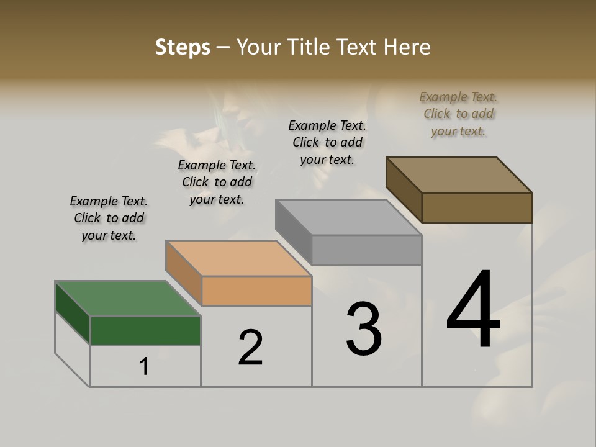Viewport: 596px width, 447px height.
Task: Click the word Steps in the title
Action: (183, 47)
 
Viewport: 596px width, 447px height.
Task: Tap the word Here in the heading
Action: (407, 47)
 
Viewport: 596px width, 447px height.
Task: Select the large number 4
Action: (474, 310)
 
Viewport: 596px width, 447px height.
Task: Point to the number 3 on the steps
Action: (364, 329)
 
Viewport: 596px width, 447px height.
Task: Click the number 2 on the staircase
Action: (251, 348)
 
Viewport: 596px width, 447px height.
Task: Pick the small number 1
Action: (144, 367)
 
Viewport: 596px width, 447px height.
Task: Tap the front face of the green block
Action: (145, 330)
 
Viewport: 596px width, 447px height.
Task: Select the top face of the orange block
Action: (238, 258)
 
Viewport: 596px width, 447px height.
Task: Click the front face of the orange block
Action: (256, 291)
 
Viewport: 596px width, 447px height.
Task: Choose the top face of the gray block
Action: (348, 217)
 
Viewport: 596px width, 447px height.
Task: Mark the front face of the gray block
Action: (366, 250)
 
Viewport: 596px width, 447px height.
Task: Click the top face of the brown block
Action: (459, 174)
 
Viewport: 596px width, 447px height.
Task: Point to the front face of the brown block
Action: (477, 207)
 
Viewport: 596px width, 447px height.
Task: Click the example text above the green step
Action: (109, 218)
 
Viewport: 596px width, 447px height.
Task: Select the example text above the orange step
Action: (217, 182)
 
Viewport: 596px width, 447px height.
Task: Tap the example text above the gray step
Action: (327, 142)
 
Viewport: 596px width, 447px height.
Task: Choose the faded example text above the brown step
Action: (458, 114)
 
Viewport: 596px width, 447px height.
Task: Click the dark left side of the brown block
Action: (404, 189)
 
